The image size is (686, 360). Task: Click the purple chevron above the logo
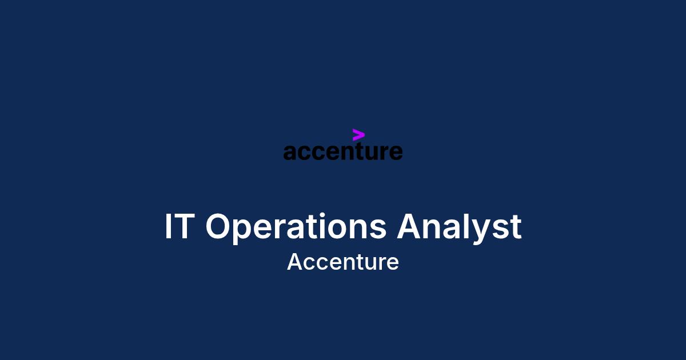click(x=358, y=135)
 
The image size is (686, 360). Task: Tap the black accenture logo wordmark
click(x=343, y=151)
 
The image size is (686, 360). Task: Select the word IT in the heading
click(x=180, y=226)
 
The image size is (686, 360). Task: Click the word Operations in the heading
click(x=296, y=229)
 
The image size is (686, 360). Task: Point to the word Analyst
click(x=459, y=228)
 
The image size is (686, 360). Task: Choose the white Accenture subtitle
click(x=343, y=262)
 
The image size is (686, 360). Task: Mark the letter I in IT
click(x=167, y=226)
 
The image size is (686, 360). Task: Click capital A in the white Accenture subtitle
click(x=294, y=262)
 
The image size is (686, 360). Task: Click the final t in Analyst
click(x=516, y=227)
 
